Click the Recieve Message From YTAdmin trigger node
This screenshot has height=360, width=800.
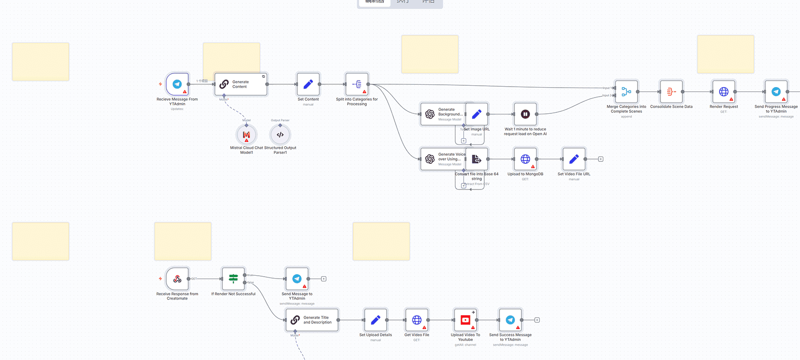[177, 84]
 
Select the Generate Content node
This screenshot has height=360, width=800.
[240, 84]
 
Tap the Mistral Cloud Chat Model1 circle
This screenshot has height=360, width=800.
[246, 135]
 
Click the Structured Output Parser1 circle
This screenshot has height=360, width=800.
[280, 135]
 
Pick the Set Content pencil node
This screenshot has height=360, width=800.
[308, 84]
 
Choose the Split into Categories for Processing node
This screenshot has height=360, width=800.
[357, 84]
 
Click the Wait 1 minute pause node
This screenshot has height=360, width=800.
[525, 114]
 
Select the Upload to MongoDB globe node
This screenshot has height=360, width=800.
[525, 159]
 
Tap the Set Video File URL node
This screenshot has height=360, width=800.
[574, 159]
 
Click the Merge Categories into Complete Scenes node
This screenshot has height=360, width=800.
[626, 91]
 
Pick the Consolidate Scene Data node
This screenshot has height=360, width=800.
[671, 91]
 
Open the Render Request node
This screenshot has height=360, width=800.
[723, 91]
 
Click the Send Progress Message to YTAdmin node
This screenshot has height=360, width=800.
[776, 91]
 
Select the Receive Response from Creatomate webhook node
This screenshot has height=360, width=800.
[177, 279]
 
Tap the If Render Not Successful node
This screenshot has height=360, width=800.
[233, 279]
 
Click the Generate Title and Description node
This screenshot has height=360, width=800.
[312, 320]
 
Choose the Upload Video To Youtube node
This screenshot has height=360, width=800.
[465, 320]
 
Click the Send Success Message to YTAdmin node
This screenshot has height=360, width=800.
[510, 320]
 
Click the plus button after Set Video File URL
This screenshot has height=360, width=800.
[600, 159]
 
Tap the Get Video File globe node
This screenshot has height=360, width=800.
[417, 320]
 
